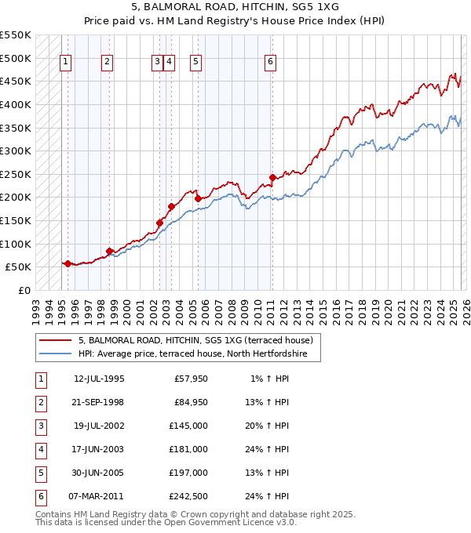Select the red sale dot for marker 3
(x=159, y=223)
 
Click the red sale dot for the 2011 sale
(x=272, y=177)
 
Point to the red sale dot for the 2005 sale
(x=198, y=198)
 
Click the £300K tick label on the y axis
(x=15, y=150)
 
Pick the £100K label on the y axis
(x=15, y=244)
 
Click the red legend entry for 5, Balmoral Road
(x=195, y=340)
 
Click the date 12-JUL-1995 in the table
(x=99, y=379)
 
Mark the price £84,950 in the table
(x=191, y=403)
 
